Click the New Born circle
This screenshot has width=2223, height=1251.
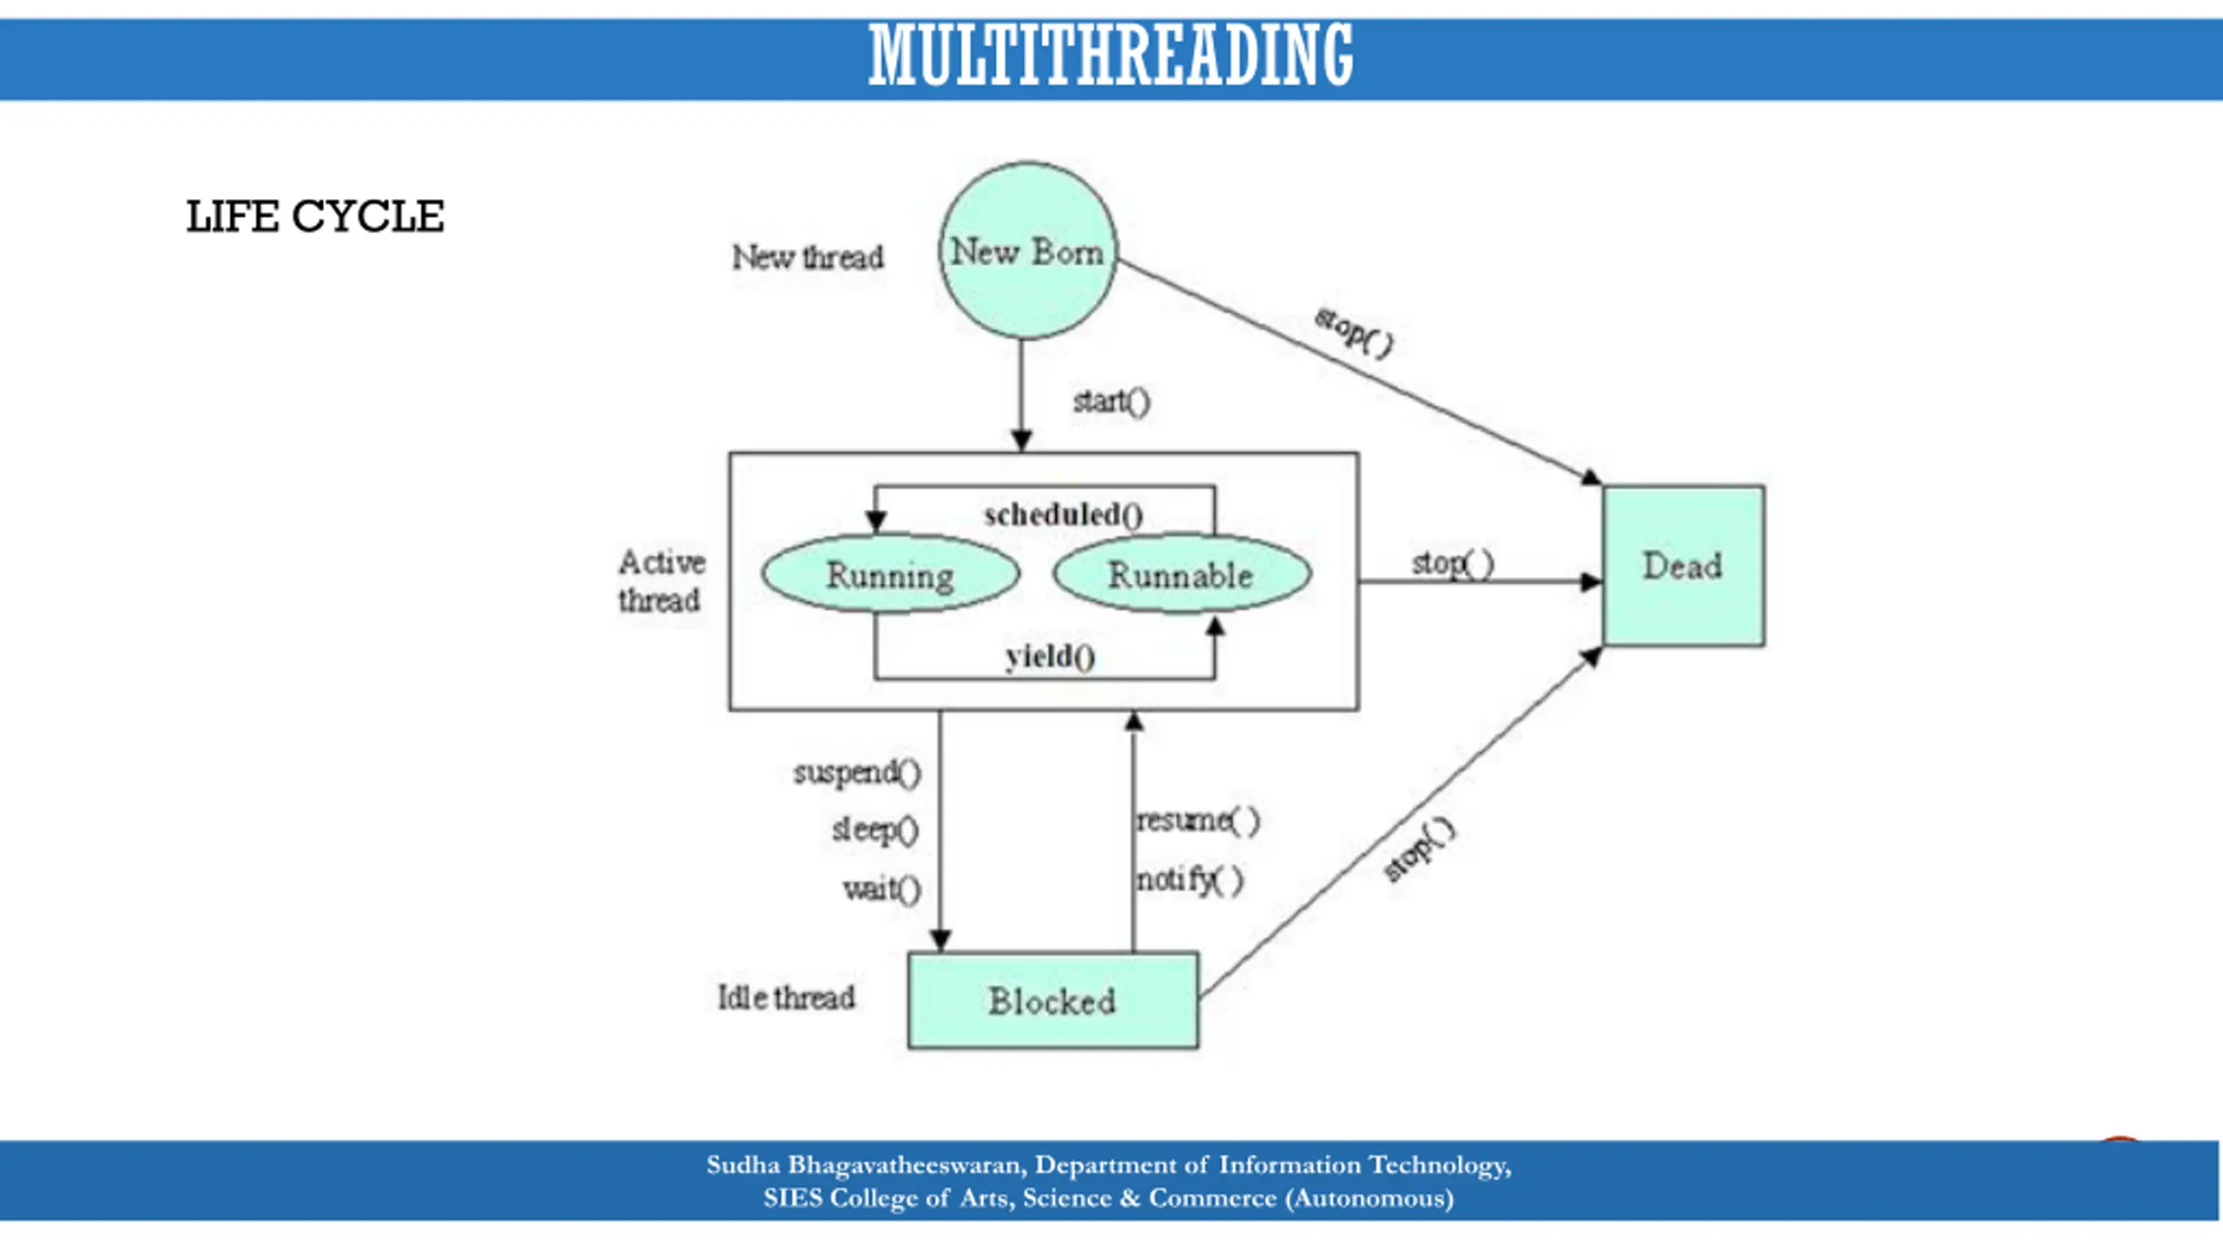1028,250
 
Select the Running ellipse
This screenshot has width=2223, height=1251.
890,574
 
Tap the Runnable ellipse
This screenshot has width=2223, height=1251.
1182,574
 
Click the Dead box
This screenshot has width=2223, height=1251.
1684,566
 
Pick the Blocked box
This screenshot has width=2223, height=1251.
1053,1001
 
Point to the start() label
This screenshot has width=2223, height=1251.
1111,401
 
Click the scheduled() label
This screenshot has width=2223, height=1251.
1064,514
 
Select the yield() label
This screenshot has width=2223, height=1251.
1051,656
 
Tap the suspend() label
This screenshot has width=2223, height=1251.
857,772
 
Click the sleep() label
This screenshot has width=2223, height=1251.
875,830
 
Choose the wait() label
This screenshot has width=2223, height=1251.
882,889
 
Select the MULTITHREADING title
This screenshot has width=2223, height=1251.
1111,56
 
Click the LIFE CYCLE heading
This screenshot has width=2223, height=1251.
315,216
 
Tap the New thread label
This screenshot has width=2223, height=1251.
808,257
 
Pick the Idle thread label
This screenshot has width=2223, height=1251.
786,997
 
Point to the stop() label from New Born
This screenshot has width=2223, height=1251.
1355,331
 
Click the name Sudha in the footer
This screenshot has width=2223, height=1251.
742,1165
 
